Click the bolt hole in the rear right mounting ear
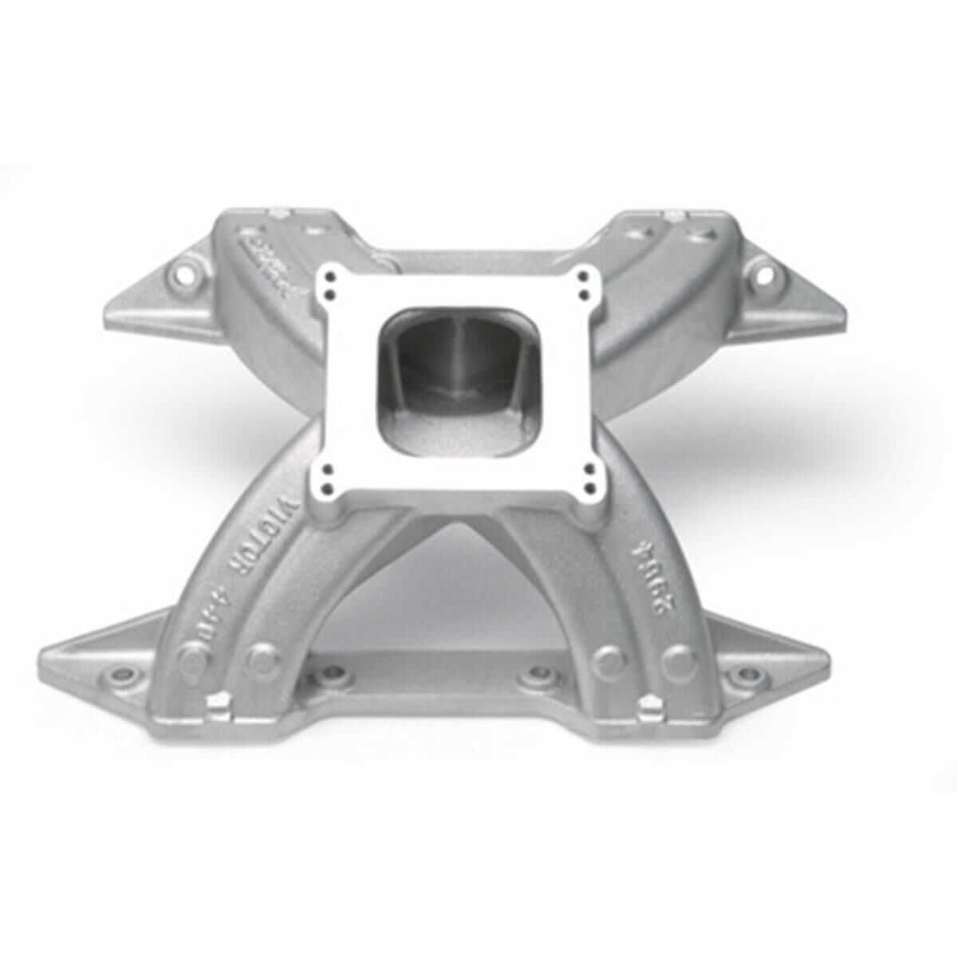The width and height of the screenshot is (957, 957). coord(763,276)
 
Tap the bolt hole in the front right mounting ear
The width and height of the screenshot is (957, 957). coord(748,675)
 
